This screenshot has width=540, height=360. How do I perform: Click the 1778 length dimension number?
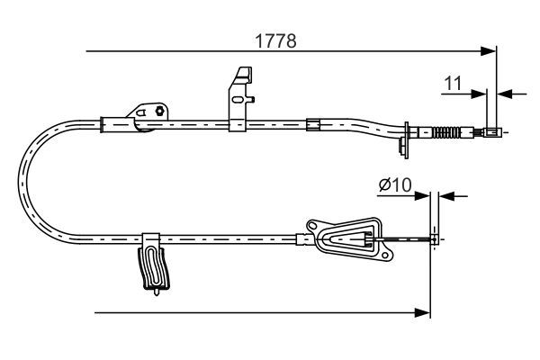click(x=275, y=40)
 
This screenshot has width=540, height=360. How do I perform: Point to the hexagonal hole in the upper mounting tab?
click(x=159, y=112)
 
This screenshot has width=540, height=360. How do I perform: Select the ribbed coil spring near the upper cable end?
click(x=447, y=135)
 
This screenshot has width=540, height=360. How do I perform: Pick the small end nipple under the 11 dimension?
click(x=492, y=133)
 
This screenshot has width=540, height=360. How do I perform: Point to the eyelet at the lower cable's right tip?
click(x=436, y=238)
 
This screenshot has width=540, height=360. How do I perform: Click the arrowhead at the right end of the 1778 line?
click(x=491, y=50)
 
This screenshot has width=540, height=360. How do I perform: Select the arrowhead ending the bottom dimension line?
click(x=425, y=312)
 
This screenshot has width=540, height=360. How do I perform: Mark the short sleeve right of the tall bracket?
click(x=313, y=124)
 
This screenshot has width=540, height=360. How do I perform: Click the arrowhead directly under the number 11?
click(x=481, y=92)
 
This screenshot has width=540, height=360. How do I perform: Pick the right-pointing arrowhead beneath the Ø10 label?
click(x=425, y=195)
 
